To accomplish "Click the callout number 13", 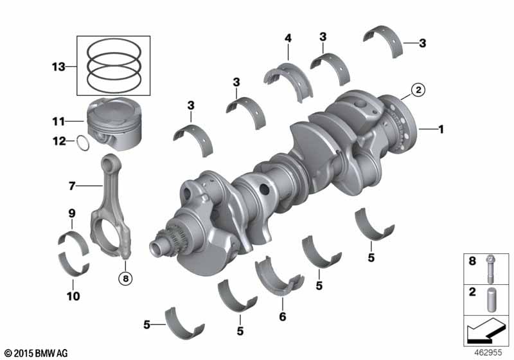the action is coord(58,67).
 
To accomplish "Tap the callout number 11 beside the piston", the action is coord(58,122).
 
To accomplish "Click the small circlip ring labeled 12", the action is coord(83,143).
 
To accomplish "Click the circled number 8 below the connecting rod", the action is coord(125,279).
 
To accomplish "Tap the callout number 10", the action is coord(73,296).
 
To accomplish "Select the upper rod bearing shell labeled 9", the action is coord(73,242).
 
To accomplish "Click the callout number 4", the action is coord(288,38).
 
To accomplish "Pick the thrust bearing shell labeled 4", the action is coord(288,80).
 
